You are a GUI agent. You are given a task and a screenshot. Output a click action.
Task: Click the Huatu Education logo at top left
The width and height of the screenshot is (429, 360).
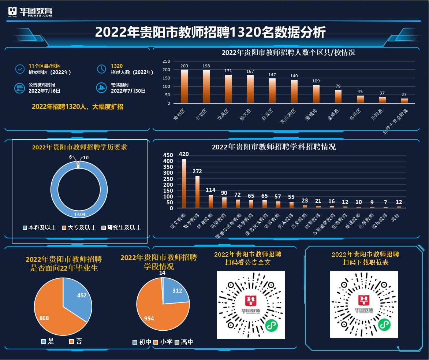pyautogui.click(x=30, y=12)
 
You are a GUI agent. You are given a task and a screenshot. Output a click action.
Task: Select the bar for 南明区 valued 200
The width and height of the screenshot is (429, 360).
pyautogui.click(x=184, y=86)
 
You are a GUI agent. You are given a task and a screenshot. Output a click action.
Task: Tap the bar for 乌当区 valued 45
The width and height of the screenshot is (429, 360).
pyautogui.click(x=360, y=99)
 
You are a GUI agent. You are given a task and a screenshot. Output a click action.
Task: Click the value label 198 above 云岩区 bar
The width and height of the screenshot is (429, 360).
pyautogui.click(x=206, y=66)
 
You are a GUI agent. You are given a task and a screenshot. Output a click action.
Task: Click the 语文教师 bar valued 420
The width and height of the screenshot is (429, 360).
pyautogui.click(x=184, y=183)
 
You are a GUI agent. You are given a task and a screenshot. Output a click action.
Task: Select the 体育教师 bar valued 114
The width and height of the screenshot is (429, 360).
pyautogui.click(x=211, y=201)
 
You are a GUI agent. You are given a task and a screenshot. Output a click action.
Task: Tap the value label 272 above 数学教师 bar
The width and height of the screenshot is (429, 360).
pyautogui.click(x=197, y=171)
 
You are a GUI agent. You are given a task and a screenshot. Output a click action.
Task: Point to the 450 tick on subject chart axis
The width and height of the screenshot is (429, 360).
pyautogui.click(x=168, y=155)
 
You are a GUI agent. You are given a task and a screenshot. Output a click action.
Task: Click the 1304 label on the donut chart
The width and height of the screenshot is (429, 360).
pyautogui.click(x=80, y=214)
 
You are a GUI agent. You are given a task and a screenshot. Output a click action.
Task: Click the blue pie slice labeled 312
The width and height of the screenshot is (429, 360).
pyautogui.click(x=176, y=291)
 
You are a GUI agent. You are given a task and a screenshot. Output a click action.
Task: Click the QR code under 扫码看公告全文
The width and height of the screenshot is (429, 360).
pyautogui.click(x=251, y=305)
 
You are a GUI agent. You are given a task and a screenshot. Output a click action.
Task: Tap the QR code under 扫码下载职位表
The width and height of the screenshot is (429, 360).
pyautogui.click(x=364, y=305)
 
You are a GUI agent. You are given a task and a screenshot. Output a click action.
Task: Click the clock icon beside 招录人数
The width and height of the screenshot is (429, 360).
pyautogui.click(x=101, y=69)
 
